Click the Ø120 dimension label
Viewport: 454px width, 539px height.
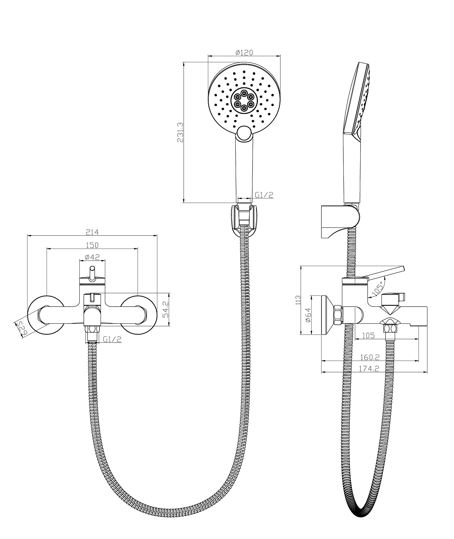(244, 52)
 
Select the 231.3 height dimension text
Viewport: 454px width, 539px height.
(180, 133)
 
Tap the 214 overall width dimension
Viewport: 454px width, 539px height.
(92, 232)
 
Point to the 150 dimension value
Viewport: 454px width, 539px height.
(92, 245)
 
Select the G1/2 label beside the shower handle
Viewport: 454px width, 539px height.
(264, 195)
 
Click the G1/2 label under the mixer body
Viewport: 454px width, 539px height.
(112, 339)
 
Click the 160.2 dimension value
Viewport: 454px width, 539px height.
(369, 358)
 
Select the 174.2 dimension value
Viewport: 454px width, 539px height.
(369, 368)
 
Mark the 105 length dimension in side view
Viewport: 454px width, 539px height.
(368, 336)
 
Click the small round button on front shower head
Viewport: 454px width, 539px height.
(244, 133)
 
